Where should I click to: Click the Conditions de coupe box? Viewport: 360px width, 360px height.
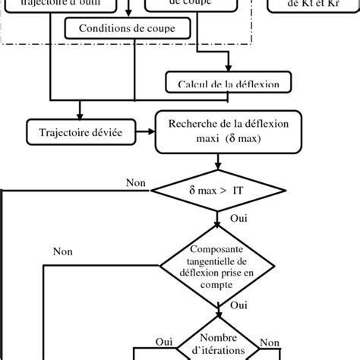pos(126,30)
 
